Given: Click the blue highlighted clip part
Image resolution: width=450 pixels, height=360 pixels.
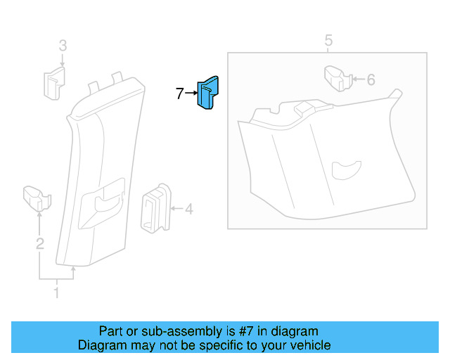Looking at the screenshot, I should (x=208, y=94).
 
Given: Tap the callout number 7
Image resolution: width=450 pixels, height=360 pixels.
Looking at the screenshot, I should (x=179, y=93).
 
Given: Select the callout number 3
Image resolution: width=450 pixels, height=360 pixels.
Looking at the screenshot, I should (x=63, y=46).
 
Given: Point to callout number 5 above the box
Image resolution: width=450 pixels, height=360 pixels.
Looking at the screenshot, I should (x=328, y=40).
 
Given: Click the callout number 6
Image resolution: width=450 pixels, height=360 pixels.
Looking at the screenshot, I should (x=371, y=79).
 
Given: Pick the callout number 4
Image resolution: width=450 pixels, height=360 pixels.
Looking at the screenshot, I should (x=188, y=208).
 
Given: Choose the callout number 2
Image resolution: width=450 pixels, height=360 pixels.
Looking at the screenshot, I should (x=40, y=244).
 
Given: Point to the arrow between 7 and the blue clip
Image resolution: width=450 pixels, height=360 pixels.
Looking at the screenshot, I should (x=191, y=93).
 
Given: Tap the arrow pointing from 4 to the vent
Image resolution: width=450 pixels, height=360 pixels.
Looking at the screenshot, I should (x=175, y=208).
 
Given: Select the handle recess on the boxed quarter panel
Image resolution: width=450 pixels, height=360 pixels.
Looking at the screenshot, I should (x=345, y=169).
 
